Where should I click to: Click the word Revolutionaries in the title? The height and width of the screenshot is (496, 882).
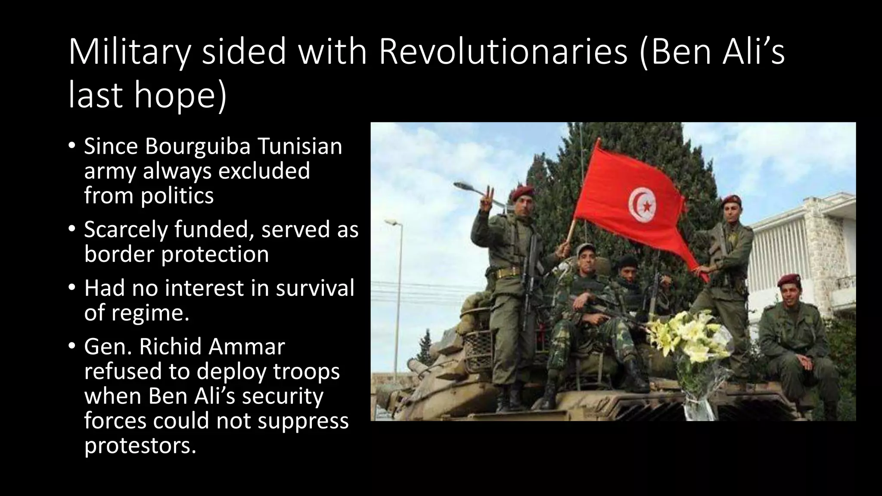click(x=503, y=53)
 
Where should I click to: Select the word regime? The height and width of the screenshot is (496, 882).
click(x=150, y=312)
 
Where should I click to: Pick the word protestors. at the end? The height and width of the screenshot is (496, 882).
click(x=140, y=445)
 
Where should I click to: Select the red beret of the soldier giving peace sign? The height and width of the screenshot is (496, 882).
click(x=523, y=192)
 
